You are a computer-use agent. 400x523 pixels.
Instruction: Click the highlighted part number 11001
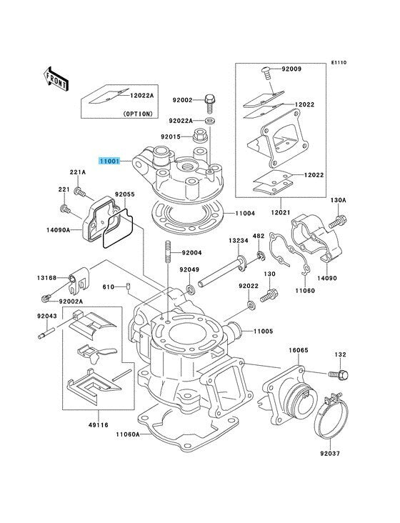[111, 162]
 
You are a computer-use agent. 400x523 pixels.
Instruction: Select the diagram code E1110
[338, 63]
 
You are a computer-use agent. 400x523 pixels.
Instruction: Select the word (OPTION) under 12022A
[136, 114]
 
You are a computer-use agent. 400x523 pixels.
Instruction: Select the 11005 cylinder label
[263, 332]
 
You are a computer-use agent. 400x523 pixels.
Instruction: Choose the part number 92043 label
[46, 315]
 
